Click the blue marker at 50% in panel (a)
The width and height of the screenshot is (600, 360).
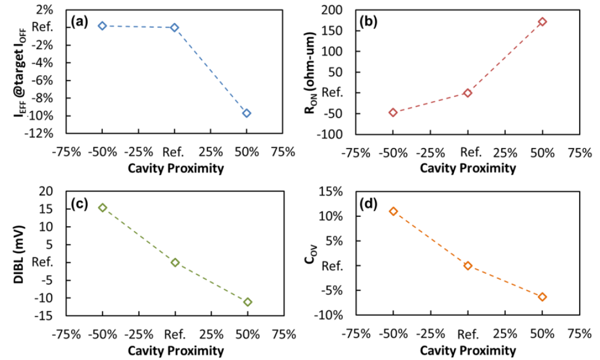pyautogui.click(x=246, y=113)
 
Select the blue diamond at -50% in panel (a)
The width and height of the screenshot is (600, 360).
pyautogui.click(x=102, y=26)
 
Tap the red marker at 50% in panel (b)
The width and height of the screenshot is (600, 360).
pyautogui.click(x=542, y=22)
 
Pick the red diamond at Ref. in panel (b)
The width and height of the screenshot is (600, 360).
pyautogui.click(x=467, y=93)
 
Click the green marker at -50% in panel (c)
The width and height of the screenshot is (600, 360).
pyautogui.click(x=102, y=208)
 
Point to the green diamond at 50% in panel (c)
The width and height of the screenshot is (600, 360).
pyautogui.click(x=247, y=302)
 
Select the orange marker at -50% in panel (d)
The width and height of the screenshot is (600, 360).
pyautogui.click(x=393, y=211)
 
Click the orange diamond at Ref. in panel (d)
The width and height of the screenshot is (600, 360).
pyautogui.click(x=467, y=266)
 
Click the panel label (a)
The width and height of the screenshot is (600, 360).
pyautogui.click(x=79, y=23)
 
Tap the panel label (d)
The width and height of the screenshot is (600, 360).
pyautogui.click(x=369, y=204)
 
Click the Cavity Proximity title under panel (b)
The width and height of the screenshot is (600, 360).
pyautogui.click(x=467, y=168)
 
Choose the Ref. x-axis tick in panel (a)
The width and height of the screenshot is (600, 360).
pyautogui.click(x=174, y=152)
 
